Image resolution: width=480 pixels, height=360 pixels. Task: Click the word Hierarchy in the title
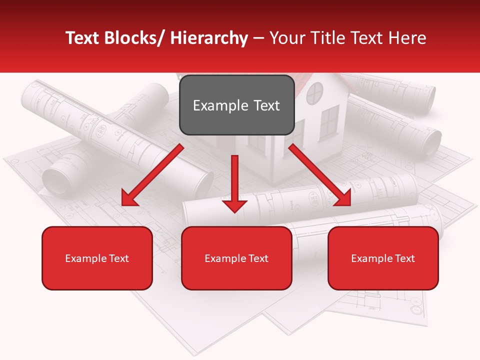[209, 38]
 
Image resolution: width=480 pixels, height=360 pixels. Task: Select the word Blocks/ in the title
[133, 38]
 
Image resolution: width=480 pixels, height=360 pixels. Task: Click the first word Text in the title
[83, 38]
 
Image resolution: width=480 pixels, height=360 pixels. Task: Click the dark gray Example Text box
[236, 105]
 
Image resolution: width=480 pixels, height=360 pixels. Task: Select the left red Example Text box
[97, 258]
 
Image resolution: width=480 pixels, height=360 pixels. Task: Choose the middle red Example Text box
[236, 258]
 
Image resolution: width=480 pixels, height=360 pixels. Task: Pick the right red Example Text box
[383, 258]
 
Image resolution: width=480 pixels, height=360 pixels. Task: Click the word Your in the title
[286, 38]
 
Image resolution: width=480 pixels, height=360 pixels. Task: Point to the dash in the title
[258, 39]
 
